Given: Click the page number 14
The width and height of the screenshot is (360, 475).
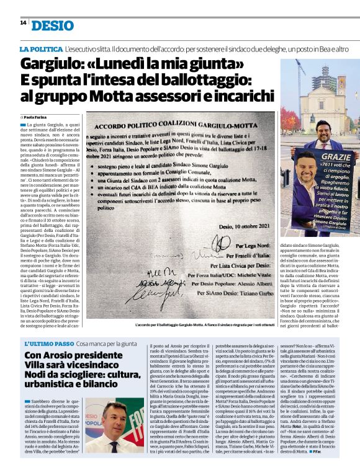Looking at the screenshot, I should [x=23, y=23].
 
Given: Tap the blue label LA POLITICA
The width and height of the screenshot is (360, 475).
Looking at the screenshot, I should [x=41, y=48].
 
